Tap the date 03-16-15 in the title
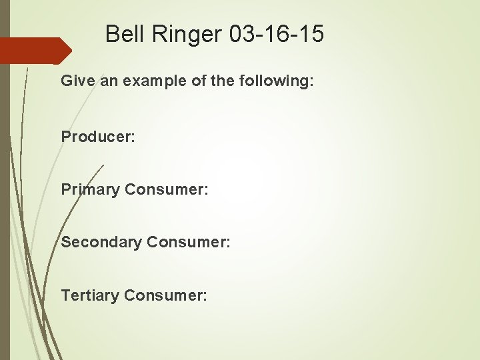click(277, 34)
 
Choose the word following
click(273, 81)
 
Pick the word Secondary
click(101, 242)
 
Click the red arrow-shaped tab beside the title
click(33, 51)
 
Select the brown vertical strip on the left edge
click(5, 200)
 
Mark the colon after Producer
click(133, 137)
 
